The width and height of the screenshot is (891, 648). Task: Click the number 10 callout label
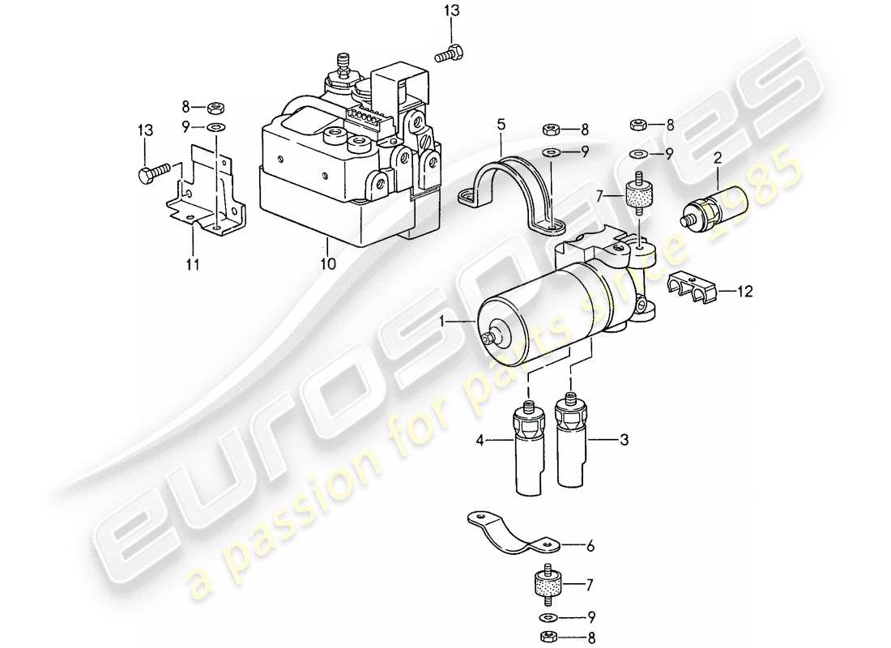tap(326, 262)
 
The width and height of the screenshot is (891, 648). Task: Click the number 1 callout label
tap(443, 321)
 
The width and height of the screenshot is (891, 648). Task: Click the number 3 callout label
tap(624, 440)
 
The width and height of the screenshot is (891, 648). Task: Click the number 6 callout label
tap(590, 547)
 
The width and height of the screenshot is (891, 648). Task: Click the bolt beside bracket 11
tap(156, 173)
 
